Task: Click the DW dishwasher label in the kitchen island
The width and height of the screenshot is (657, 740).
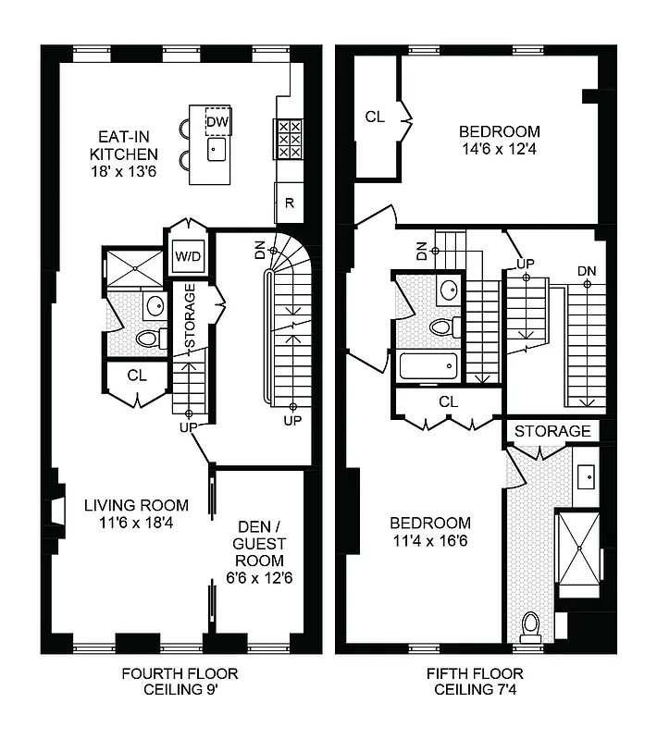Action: click(x=216, y=122)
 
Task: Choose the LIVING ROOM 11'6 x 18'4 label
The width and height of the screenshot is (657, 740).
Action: click(x=136, y=513)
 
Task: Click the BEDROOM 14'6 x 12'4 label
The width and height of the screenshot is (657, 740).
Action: click(x=500, y=140)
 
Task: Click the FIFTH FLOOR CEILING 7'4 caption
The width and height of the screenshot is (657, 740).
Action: click(x=475, y=682)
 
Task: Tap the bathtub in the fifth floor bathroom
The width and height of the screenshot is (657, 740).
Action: click(x=428, y=365)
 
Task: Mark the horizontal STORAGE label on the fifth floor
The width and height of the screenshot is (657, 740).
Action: click(x=552, y=431)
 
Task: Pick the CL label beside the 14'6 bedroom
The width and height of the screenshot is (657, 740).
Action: click(x=374, y=117)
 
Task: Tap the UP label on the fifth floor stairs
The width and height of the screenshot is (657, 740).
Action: click(x=526, y=264)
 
